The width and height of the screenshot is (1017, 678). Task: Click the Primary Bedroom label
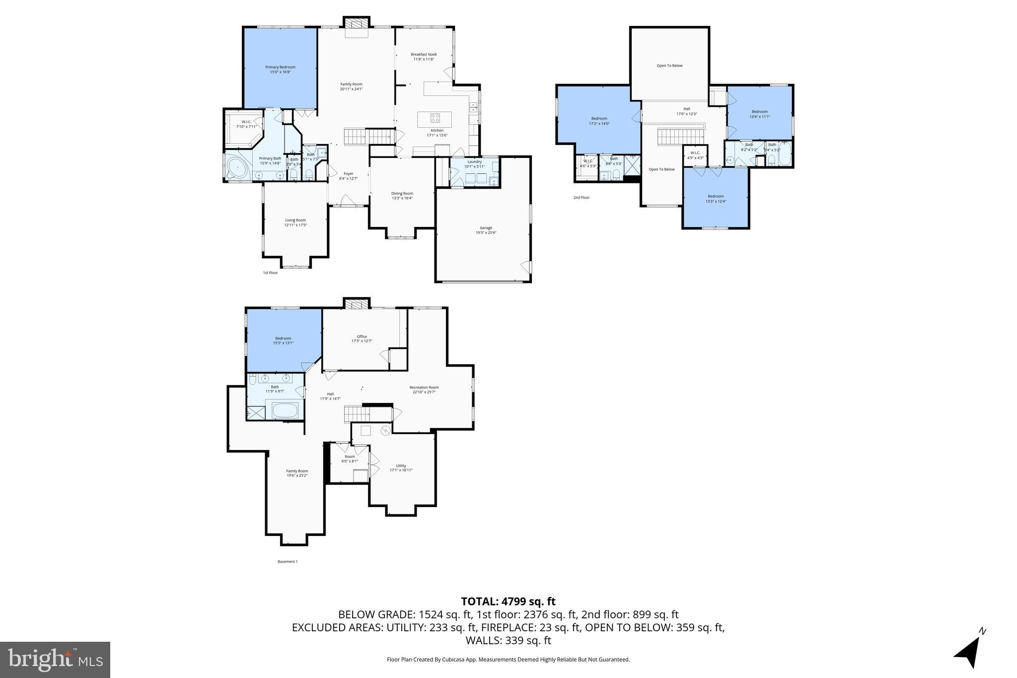[x=280, y=70]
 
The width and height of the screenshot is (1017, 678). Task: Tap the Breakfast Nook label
[x=424, y=57]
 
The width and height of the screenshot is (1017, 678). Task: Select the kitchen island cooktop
[x=435, y=118]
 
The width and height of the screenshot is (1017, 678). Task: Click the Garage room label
[x=486, y=230]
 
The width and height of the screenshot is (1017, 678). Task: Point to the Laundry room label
[x=474, y=164]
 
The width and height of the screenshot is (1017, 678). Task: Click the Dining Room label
[x=402, y=196]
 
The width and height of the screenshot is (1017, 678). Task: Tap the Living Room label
[x=295, y=223]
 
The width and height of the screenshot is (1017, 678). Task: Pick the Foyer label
[x=348, y=176]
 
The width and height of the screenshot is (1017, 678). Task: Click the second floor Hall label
[x=686, y=111]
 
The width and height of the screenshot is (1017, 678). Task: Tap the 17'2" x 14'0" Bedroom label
[x=599, y=121]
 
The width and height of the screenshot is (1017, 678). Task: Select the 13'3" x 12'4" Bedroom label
[x=716, y=198]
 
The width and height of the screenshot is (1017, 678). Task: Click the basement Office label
[x=362, y=338]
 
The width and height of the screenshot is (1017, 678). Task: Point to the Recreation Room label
[x=424, y=389]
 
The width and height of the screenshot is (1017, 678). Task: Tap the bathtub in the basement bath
[x=285, y=411]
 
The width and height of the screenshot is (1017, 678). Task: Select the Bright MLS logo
[x=55, y=660]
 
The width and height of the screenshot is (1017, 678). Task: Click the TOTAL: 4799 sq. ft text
[x=508, y=602]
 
